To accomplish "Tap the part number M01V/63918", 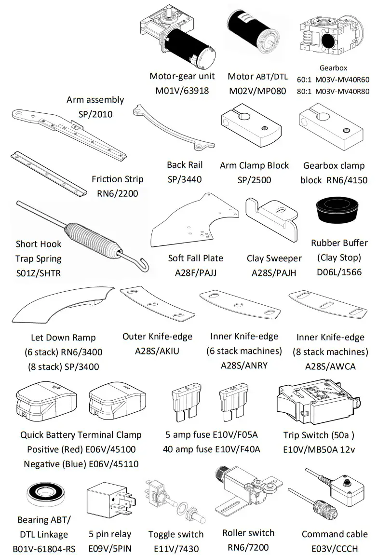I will point(182,90).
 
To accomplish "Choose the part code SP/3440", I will point(184,179).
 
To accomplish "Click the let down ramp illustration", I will point(62,309).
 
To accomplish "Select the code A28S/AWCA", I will point(330,366).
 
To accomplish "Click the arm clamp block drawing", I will point(251,127).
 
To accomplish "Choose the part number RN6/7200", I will point(248,547).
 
